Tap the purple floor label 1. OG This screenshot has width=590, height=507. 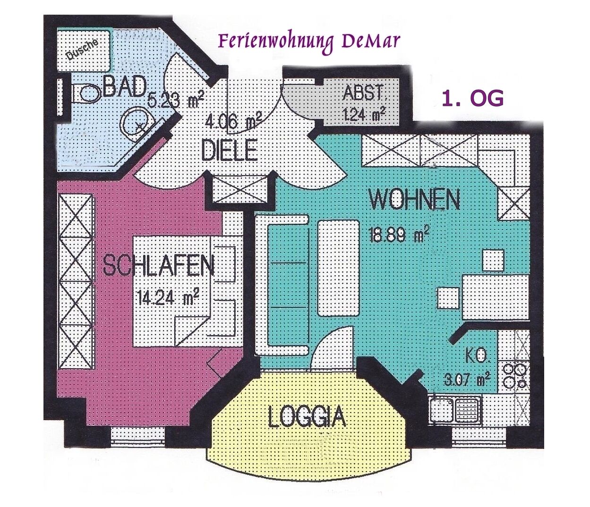pyautogui.click(x=472, y=99)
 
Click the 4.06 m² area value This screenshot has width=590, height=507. pyautogui.click(x=234, y=122)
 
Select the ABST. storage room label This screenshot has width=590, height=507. pyautogui.click(x=363, y=93)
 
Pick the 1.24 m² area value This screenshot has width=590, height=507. pyautogui.click(x=363, y=114)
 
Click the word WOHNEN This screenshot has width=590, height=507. pyautogui.click(x=414, y=200)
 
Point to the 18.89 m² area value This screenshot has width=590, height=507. pyautogui.click(x=399, y=234)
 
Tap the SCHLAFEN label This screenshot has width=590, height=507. pyautogui.click(x=159, y=265)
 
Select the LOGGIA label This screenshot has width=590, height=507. pyautogui.click(x=307, y=417)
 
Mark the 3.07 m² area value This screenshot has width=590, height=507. pyautogui.click(x=467, y=379)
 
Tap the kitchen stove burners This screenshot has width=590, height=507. pyautogui.click(x=515, y=374)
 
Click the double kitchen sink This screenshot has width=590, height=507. pyautogui.click(x=454, y=409)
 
